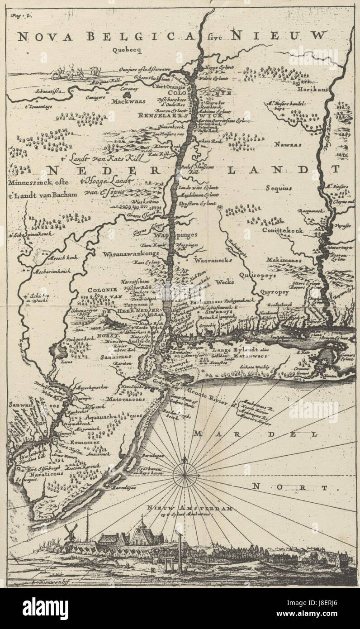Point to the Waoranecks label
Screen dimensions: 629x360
point(213,261)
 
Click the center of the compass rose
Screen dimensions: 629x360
point(185,474)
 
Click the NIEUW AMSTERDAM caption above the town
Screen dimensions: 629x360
point(190,509)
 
